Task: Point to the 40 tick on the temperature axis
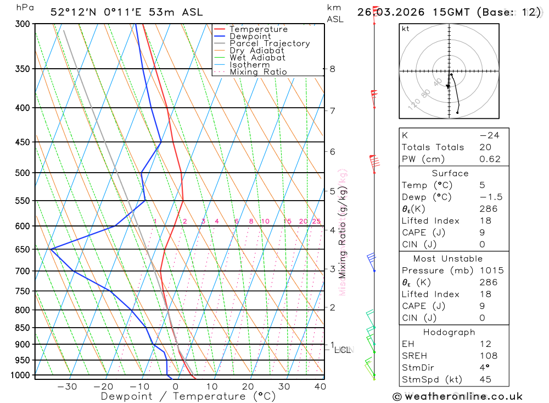(320, 387)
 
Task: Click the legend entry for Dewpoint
(250, 36)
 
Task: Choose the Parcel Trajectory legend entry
(269, 43)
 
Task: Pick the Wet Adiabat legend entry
(257, 58)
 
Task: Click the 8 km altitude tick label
(332, 69)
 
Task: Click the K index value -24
(489, 135)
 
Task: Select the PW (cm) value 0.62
(490, 159)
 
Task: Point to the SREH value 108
(488, 356)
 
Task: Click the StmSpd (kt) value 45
(485, 380)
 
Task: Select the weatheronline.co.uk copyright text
(458, 396)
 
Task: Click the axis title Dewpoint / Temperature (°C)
(188, 396)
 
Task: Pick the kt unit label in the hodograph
(406, 29)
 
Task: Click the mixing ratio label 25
(316, 222)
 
